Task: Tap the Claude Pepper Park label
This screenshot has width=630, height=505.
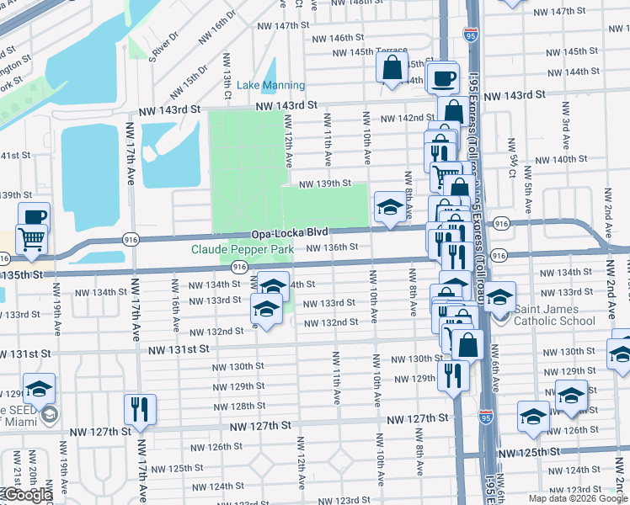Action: point(242,249)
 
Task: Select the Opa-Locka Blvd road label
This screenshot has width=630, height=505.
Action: point(289,233)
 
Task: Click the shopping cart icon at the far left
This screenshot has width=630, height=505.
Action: point(31,239)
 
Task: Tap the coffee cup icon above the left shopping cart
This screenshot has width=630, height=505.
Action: point(34,217)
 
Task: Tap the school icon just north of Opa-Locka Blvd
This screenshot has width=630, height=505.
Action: point(389,208)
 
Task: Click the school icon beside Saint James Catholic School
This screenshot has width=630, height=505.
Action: point(499,297)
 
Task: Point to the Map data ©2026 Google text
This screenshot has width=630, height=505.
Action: point(577,498)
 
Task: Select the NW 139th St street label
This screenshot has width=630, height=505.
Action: point(324,183)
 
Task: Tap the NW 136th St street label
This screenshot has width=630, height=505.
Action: point(332,247)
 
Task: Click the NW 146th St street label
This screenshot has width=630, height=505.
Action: point(337,38)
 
